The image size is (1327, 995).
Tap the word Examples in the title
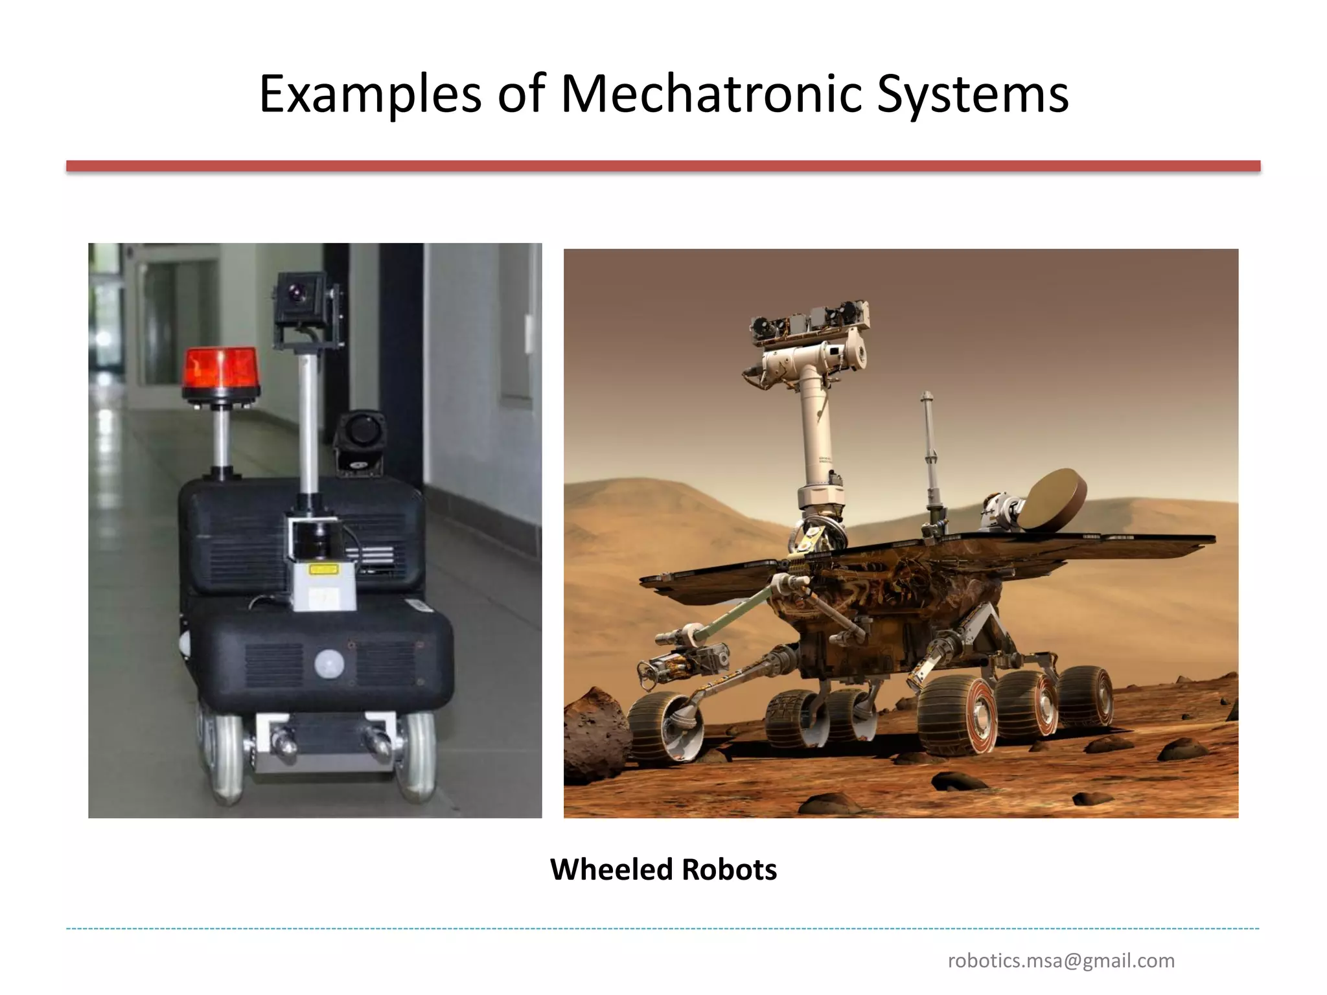[x=370, y=95]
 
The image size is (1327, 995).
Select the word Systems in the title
[x=972, y=95]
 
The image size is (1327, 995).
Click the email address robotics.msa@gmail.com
[x=1061, y=960]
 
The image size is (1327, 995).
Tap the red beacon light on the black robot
[x=220, y=369]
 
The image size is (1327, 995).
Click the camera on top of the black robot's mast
[x=299, y=297]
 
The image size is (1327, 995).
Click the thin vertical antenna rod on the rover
[x=930, y=453]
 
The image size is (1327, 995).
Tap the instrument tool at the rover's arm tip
[x=680, y=661]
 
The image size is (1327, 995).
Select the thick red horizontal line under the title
[x=663, y=166]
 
